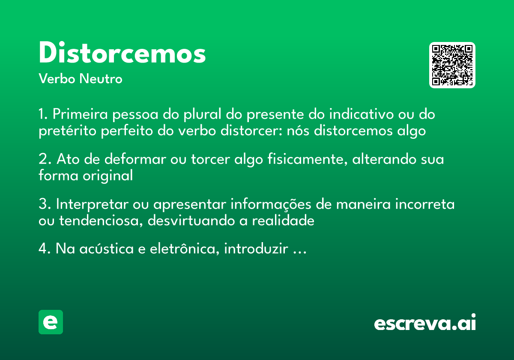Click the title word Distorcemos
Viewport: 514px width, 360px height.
point(122,54)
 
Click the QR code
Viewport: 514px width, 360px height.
point(452,65)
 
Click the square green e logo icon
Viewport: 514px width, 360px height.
point(51,322)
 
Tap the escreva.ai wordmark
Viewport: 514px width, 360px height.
point(425,323)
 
